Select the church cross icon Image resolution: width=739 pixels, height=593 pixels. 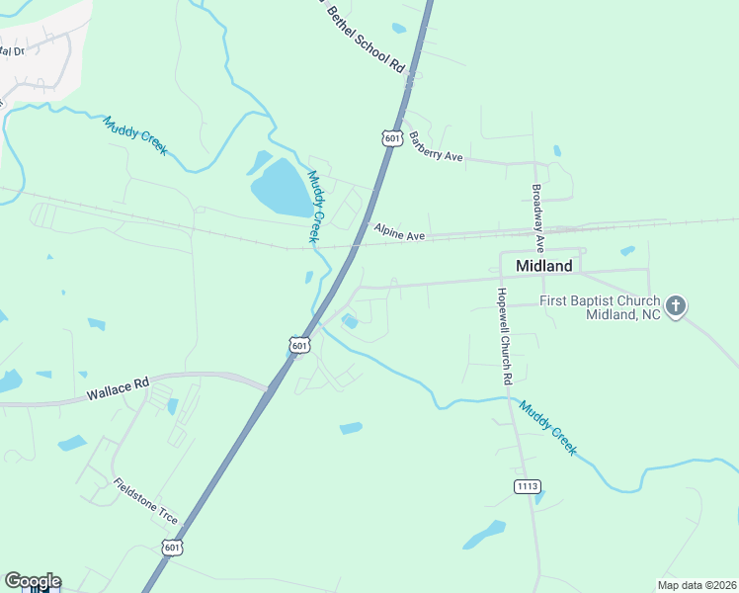point(676,305)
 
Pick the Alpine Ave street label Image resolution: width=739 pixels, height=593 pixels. point(398,232)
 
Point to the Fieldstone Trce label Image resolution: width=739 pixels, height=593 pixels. point(145,502)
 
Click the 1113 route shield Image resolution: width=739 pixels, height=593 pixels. point(527,486)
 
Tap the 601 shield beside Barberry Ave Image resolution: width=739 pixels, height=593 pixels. point(392,138)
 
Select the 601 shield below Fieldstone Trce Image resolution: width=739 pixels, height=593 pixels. point(172,547)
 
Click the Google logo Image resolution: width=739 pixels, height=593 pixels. point(33,581)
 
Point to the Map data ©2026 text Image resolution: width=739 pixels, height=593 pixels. point(696,585)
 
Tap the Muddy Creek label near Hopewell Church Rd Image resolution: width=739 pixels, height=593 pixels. point(547,427)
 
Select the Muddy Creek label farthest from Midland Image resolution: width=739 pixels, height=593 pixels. point(135,135)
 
